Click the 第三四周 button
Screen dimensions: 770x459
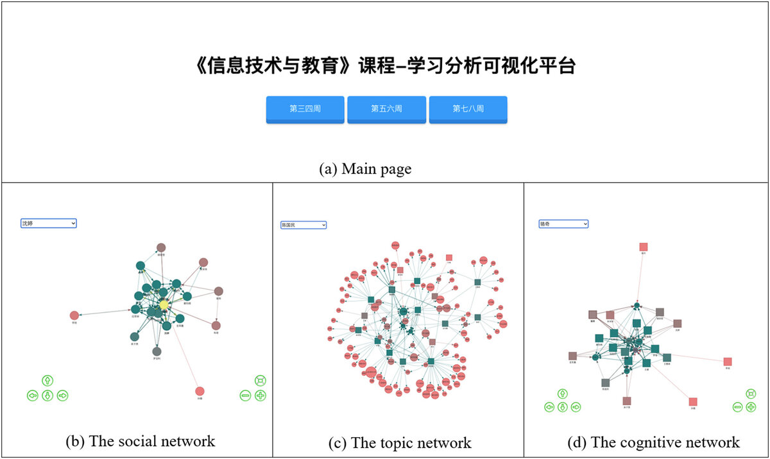305,109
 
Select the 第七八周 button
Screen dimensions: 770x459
468,109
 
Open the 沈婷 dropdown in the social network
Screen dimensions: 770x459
49,223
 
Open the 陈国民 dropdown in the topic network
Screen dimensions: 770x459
304,225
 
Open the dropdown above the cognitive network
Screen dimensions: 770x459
563,224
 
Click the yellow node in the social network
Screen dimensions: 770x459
164,305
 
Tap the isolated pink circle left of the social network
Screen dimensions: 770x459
74,315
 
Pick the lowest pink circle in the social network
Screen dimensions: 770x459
200,391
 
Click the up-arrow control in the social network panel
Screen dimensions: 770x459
47,380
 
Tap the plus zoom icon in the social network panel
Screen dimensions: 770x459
261,396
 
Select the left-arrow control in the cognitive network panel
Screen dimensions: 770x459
549,406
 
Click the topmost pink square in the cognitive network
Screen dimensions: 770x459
644,247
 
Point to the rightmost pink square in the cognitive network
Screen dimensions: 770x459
728,362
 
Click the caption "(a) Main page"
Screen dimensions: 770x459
365,169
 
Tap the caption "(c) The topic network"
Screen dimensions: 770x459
399,443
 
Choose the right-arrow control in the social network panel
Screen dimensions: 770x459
62,396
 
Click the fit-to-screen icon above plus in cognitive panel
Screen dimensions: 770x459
751,393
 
